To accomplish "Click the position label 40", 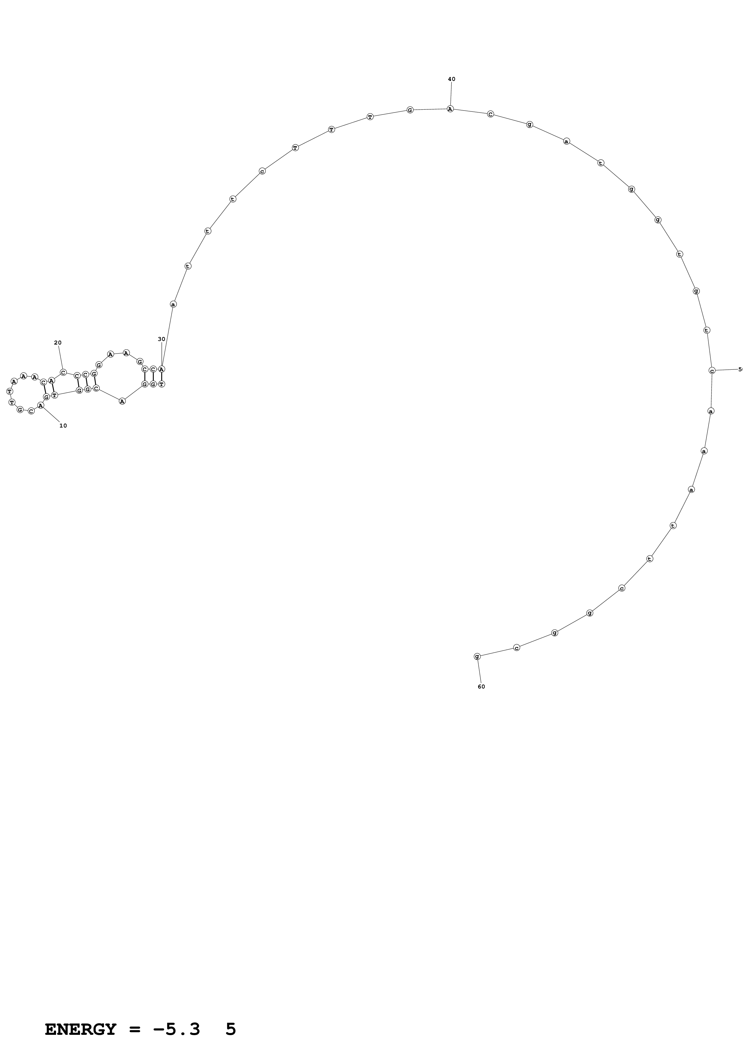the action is [451, 79].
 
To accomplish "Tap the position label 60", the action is [481, 687].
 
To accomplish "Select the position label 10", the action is [63, 426].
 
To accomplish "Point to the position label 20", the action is [58, 342].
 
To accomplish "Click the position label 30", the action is [162, 339].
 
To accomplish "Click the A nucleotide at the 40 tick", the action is [450, 109].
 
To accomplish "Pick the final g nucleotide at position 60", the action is [477, 656].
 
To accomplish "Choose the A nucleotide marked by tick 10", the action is [41, 406].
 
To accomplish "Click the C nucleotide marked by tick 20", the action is [63, 372].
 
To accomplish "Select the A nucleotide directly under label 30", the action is [162, 369].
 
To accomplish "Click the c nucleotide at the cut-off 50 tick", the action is [712, 370].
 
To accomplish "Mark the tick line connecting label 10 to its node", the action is [51, 414].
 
